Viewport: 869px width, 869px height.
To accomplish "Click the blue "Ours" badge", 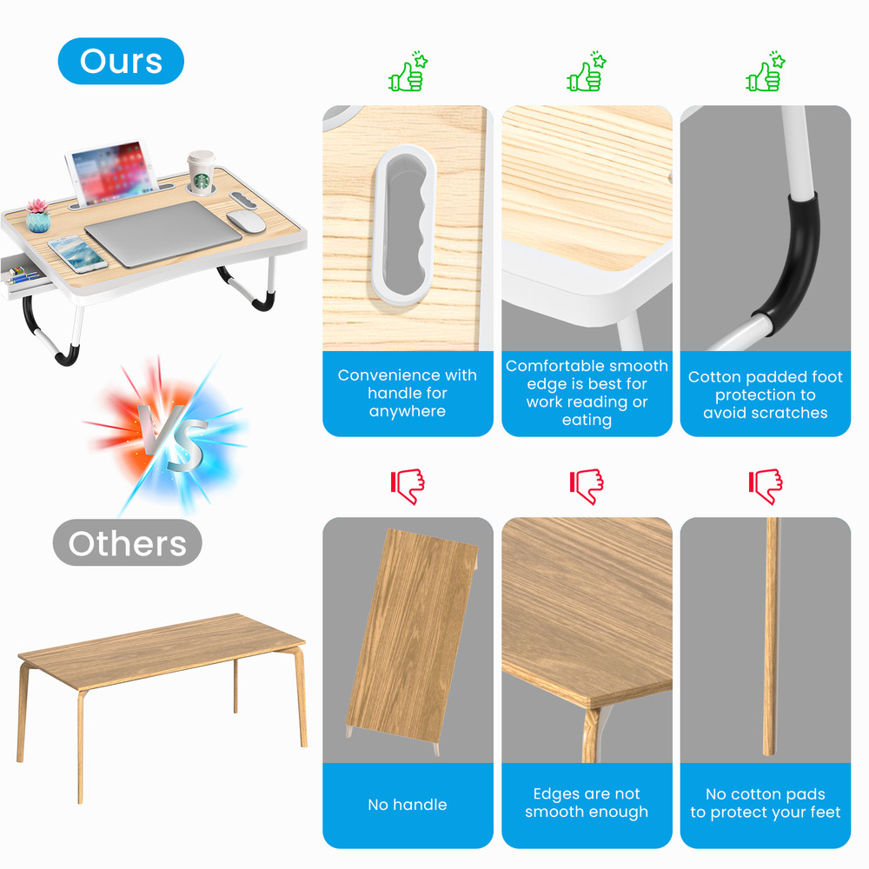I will (121, 62).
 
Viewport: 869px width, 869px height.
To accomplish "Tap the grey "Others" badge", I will (127, 543).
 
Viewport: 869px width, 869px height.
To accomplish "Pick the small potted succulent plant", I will (37, 216).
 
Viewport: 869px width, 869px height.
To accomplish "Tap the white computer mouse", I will (247, 221).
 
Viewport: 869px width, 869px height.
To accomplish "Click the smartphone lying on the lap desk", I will (77, 254).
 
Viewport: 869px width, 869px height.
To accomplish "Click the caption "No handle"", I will (407, 805).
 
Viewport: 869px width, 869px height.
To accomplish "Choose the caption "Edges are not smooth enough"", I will (587, 803).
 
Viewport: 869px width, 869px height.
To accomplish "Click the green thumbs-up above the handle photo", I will (408, 73).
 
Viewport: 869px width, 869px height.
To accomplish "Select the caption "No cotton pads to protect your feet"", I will (766, 803).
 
